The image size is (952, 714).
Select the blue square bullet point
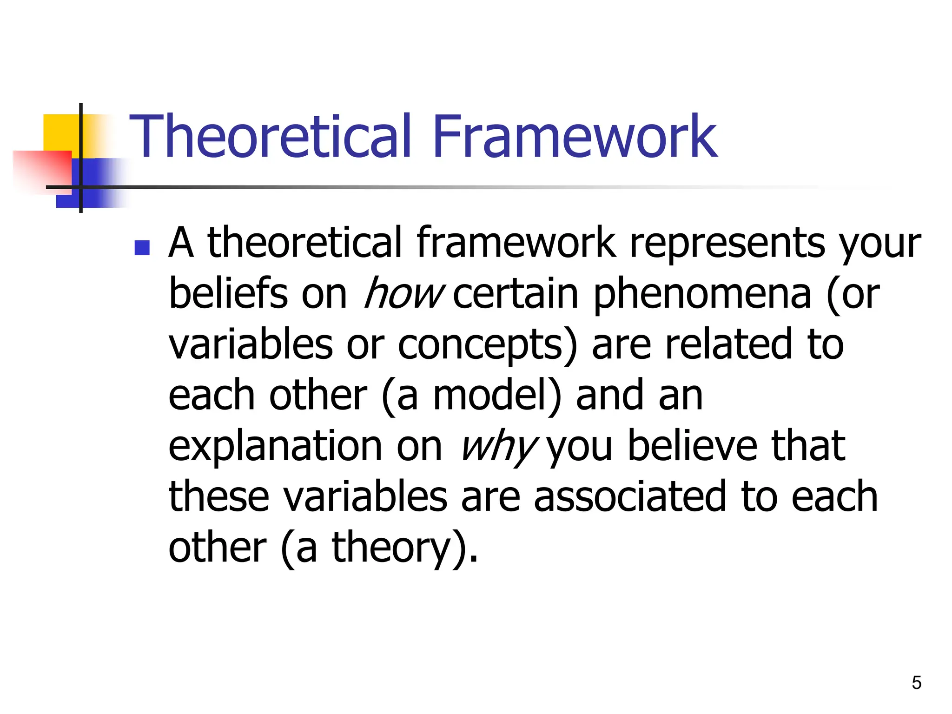coord(142,248)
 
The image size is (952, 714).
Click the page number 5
coord(916,683)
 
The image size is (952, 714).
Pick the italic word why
coord(498,446)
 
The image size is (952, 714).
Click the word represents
coord(727,243)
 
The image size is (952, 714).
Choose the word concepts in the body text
coord(480,345)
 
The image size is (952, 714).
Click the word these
coord(218,496)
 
